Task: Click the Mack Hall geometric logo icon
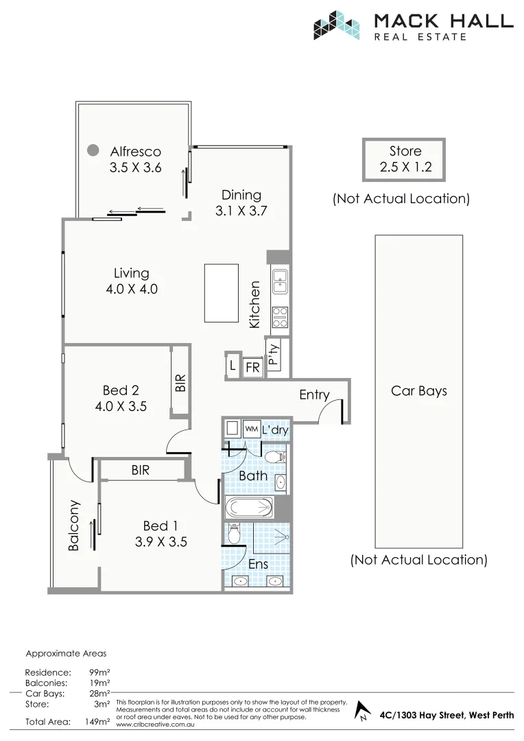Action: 337,25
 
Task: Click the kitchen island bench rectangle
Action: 221,292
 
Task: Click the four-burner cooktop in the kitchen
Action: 280,316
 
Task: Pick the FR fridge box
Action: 252,368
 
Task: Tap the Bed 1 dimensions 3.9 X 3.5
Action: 160,541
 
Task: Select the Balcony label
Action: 74,525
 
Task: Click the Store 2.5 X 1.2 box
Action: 405,158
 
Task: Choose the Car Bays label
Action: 418,390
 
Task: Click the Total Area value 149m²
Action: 97,722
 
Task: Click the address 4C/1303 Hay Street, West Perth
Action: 446,715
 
